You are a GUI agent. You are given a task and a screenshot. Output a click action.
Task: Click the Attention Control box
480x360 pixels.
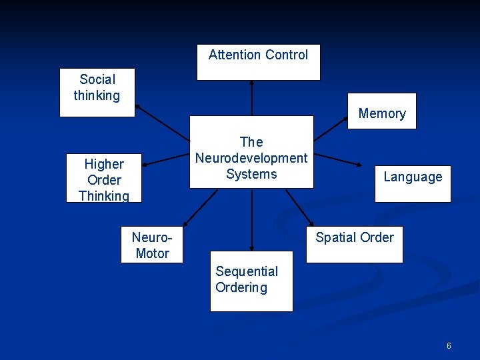click(x=258, y=62)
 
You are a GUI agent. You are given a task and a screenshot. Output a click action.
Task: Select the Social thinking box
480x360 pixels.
click(x=97, y=92)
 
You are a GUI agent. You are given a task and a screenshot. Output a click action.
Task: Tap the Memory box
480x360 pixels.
click(x=381, y=111)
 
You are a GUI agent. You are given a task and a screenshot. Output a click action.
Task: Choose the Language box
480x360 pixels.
click(x=412, y=183)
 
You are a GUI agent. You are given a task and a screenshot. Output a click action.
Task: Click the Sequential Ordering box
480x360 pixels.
click(x=251, y=281)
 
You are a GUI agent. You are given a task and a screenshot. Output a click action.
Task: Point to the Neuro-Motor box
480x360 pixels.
click(x=152, y=245)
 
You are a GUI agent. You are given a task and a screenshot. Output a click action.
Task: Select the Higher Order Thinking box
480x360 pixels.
click(x=103, y=179)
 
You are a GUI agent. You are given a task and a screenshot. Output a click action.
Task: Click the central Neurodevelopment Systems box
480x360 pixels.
click(x=251, y=152)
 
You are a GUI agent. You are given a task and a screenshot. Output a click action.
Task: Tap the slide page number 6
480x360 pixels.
click(x=449, y=345)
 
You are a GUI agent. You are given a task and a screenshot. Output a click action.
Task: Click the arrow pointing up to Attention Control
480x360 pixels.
click(x=252, y=98)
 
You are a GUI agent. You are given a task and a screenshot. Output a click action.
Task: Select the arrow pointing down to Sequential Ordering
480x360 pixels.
click(x=252, y=219)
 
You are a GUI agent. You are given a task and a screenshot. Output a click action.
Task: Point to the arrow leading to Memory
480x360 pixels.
click(x=331, y=128)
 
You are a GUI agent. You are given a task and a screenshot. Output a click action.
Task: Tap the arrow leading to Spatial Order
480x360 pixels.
click(x=299, y=207)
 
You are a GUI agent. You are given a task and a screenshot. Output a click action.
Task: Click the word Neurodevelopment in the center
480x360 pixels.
click(x=251, y=158)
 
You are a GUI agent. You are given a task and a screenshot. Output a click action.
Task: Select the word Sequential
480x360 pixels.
click(x=247, y=271)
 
